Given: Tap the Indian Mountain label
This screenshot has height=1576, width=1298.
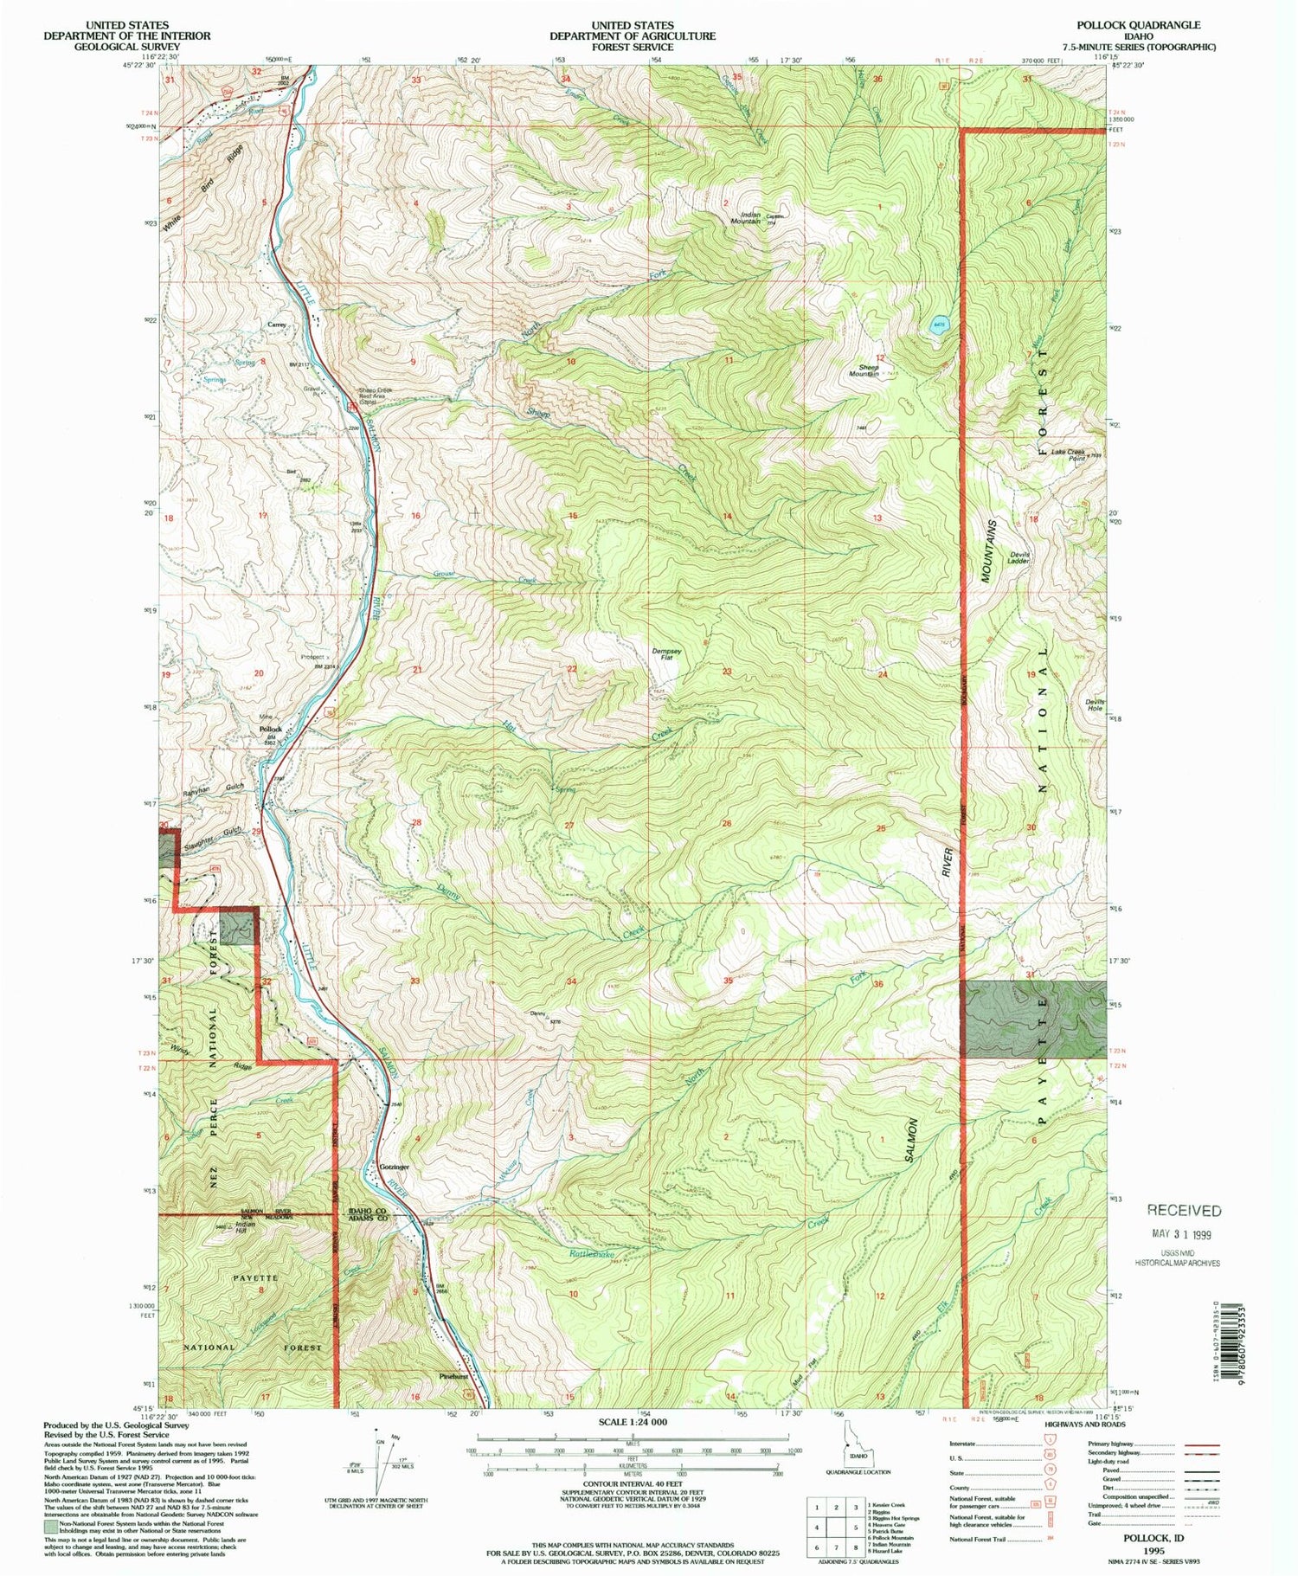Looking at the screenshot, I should point(749,217).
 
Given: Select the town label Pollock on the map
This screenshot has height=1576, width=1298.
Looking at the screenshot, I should point(272,729).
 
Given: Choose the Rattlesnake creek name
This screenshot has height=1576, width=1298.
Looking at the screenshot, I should point(592,1254).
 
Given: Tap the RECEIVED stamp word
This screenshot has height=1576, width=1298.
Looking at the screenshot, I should point(1184,1210).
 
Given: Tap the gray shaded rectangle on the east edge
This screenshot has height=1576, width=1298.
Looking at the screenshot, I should point(1033,1019).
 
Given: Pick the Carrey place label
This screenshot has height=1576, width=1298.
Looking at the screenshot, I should point(276,325).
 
